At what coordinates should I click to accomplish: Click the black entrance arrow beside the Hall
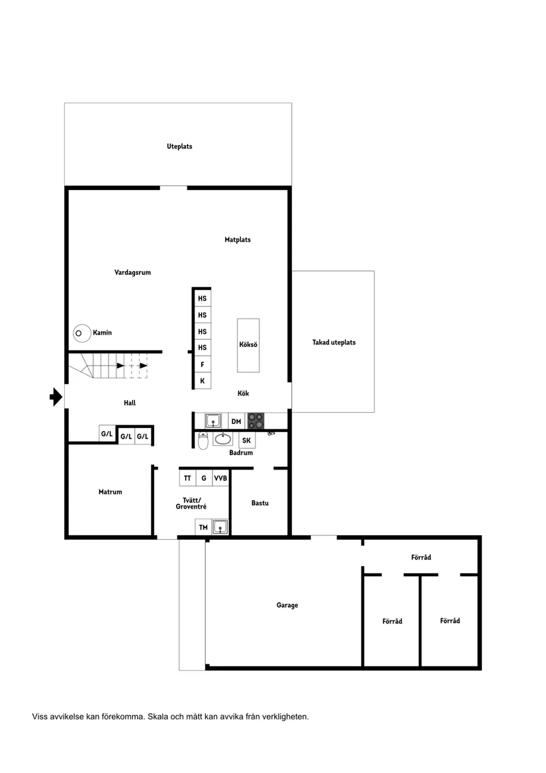(56, 397)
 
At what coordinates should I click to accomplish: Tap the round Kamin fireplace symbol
(82, 333)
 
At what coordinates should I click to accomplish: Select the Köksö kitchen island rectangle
(248, 345)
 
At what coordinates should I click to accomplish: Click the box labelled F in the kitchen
(202, 364)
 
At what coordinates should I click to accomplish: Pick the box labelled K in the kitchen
(202, 381)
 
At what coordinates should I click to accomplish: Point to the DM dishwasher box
(236, 421)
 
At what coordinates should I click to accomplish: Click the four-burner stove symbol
(255, 421)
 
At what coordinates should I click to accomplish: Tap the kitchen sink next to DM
(213, 421)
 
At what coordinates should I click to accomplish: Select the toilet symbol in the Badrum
(203, 440)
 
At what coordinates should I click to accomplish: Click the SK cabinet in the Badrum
(247, 440)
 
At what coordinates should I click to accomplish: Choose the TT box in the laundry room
(187, 478)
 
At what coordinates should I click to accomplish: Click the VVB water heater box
(220, 478)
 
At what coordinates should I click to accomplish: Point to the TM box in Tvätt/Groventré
(203, 527)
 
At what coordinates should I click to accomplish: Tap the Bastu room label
(260, 503)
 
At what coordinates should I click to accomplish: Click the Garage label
(287, 605)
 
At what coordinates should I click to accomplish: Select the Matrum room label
(111, 492)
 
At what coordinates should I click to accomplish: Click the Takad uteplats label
(334, 342)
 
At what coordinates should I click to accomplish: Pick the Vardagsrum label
(132, 272)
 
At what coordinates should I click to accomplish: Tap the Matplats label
(238, 240)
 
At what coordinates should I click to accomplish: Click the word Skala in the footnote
(158, 717)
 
